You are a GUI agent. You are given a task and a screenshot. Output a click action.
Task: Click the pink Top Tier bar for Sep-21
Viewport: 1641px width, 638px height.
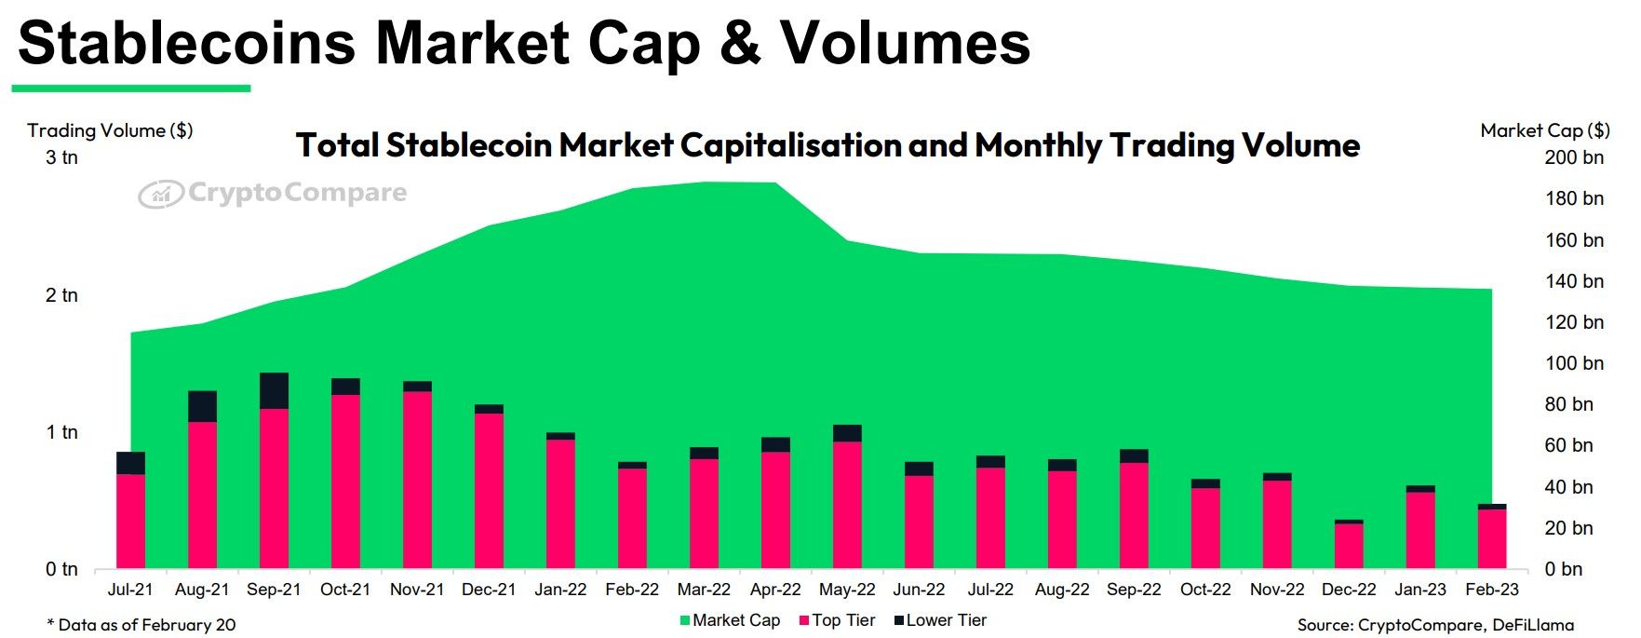click(274, 488)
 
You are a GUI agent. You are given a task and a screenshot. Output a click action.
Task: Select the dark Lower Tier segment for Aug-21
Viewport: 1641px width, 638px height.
click(202, 407)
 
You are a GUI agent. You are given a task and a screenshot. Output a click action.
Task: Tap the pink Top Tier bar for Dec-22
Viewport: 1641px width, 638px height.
click(1349, 546)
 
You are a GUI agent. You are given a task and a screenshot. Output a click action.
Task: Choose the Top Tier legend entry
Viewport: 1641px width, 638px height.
click(837, 620)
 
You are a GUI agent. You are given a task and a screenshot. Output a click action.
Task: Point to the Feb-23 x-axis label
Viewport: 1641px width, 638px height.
click(1491, 590)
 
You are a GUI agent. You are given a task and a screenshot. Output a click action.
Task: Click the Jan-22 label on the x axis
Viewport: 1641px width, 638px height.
click(560, 590)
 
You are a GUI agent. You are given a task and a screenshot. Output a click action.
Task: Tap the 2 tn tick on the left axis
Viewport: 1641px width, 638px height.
click(62, 295)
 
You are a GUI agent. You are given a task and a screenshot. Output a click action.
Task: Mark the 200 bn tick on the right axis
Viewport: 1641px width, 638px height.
click(1574, 157)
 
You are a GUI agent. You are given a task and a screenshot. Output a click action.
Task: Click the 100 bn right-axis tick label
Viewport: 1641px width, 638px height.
click(1574, 363)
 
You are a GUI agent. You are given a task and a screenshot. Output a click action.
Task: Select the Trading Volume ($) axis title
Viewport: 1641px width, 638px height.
click(110, 130)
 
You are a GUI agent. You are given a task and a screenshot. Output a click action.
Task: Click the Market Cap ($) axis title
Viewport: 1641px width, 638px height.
click(1544, 130)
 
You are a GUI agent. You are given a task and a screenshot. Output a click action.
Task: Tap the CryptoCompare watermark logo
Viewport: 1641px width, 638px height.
click(272, 193)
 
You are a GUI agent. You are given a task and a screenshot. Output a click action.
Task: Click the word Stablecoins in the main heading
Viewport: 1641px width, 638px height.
click(186, 43)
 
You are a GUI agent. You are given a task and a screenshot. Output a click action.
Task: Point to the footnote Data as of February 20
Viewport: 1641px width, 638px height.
click(141, 625)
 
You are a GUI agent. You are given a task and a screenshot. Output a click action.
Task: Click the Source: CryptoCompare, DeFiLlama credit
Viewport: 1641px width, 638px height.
click(1435, 625)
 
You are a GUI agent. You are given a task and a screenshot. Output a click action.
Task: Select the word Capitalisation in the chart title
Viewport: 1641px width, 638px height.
click(790, 145)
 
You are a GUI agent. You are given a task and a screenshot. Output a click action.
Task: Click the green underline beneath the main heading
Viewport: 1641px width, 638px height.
click(131, 88)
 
